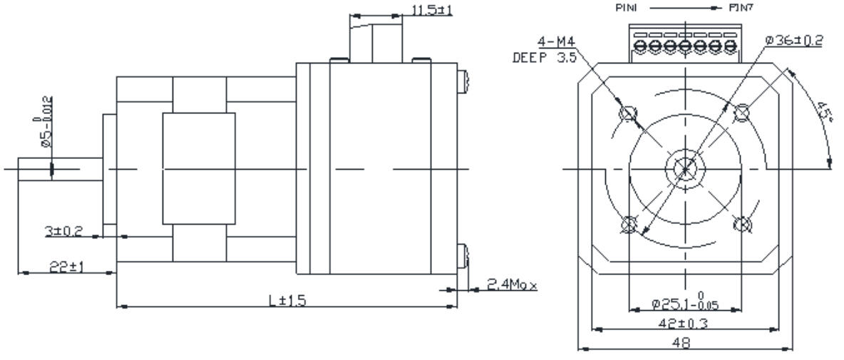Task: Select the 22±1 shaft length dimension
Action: tap(66, 266)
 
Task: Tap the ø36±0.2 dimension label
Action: tap(793, 40)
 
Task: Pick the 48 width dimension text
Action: tap(685, 342)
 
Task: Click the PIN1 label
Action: tap(625, 8)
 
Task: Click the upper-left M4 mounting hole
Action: tap(629, 113)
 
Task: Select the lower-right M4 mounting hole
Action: tap(741, 224)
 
